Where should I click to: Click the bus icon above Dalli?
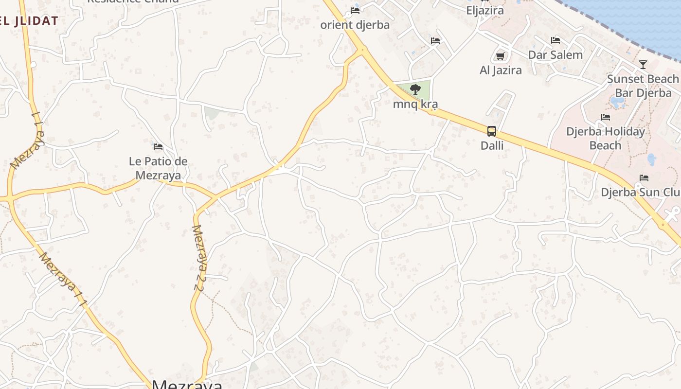pos(492,131)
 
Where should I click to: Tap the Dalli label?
pos(492,145)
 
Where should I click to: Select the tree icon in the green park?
pos(415,89)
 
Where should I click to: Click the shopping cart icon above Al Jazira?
pos(500,56)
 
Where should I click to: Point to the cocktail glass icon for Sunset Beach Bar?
pos(643,64)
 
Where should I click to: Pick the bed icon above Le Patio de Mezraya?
pos(158,146)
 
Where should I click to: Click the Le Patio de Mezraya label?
pos(158,168)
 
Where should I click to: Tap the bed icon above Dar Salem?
pos(556,40)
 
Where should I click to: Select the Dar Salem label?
pos(556,55)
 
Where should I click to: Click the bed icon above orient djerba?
pos(355,11)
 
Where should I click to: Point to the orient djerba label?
pos(355,25)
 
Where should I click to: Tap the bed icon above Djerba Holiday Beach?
pos(606,117)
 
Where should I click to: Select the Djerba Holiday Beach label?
pos(606,138)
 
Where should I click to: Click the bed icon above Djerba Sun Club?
pos(644,178)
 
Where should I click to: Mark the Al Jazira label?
pos(501,70)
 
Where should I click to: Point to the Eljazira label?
pos(485,10)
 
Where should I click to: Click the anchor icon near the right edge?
pos(674,212)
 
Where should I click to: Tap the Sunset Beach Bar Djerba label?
pos(643,86)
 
